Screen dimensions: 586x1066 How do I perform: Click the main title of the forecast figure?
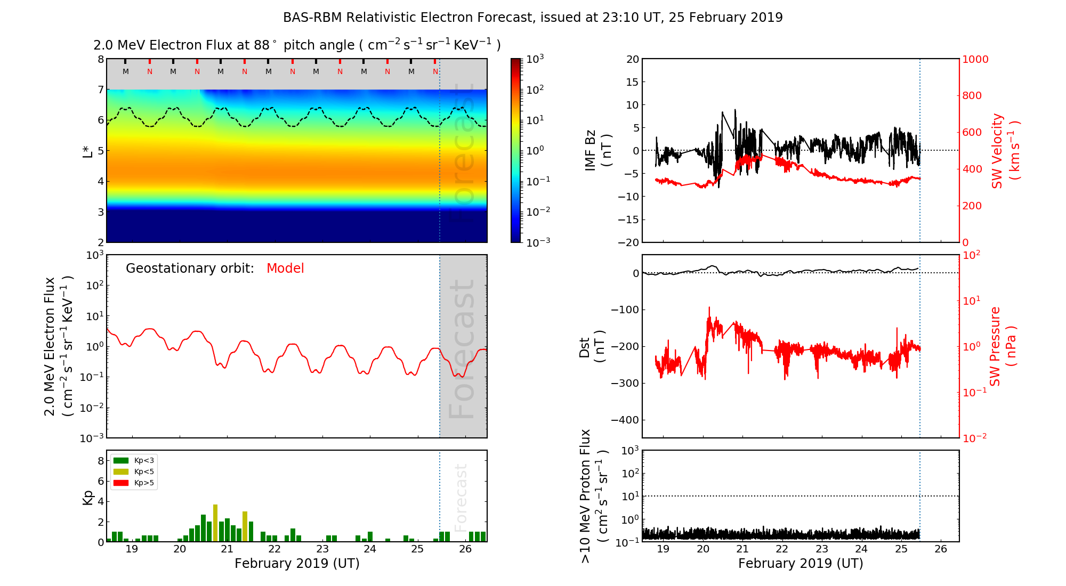click(532, 18)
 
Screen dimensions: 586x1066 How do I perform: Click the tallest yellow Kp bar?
click(215, 522)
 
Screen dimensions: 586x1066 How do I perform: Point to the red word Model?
click(285, 268)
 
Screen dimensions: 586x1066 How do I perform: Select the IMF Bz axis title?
click(598, 151)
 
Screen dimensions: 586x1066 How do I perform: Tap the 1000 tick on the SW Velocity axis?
click(975, 59)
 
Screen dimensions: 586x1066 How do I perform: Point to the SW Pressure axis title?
click(1002, 346)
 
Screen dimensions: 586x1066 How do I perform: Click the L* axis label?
click(88, 151)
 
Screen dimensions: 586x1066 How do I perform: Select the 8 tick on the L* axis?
click(100, 59)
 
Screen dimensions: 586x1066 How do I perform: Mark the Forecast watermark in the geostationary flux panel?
click(462, 349)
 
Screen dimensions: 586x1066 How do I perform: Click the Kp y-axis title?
click(88, 497)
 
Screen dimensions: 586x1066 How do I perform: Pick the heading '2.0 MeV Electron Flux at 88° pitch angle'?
click(297, 45)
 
